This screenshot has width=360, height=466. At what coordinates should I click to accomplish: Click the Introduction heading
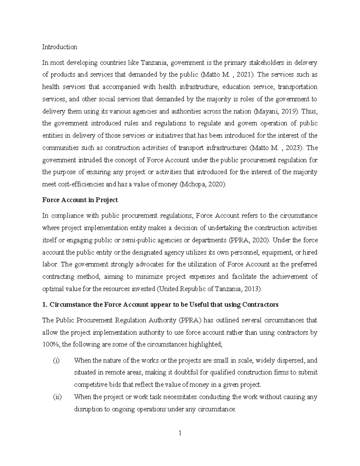59,47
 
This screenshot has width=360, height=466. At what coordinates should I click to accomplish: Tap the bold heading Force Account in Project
80,200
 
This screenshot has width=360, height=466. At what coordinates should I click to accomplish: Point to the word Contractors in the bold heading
260,305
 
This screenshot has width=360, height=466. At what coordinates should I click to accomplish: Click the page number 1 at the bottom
180,433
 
